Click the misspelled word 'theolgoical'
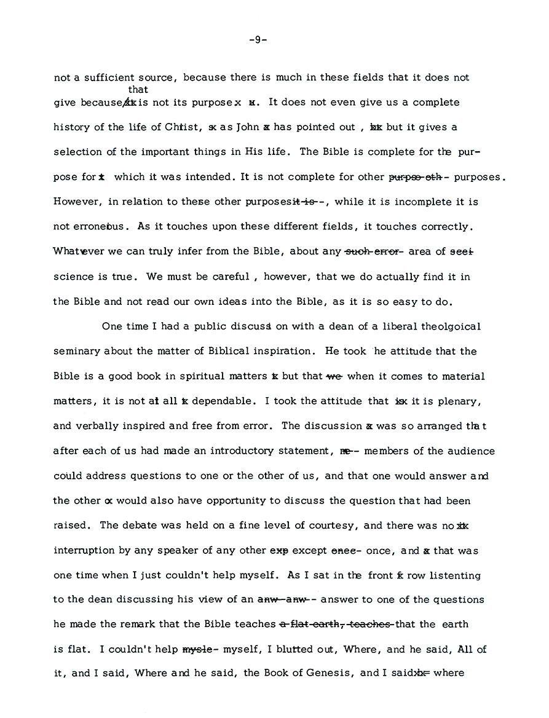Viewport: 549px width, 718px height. tap(451, 326)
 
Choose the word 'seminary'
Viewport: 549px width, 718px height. tap(76, 352)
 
